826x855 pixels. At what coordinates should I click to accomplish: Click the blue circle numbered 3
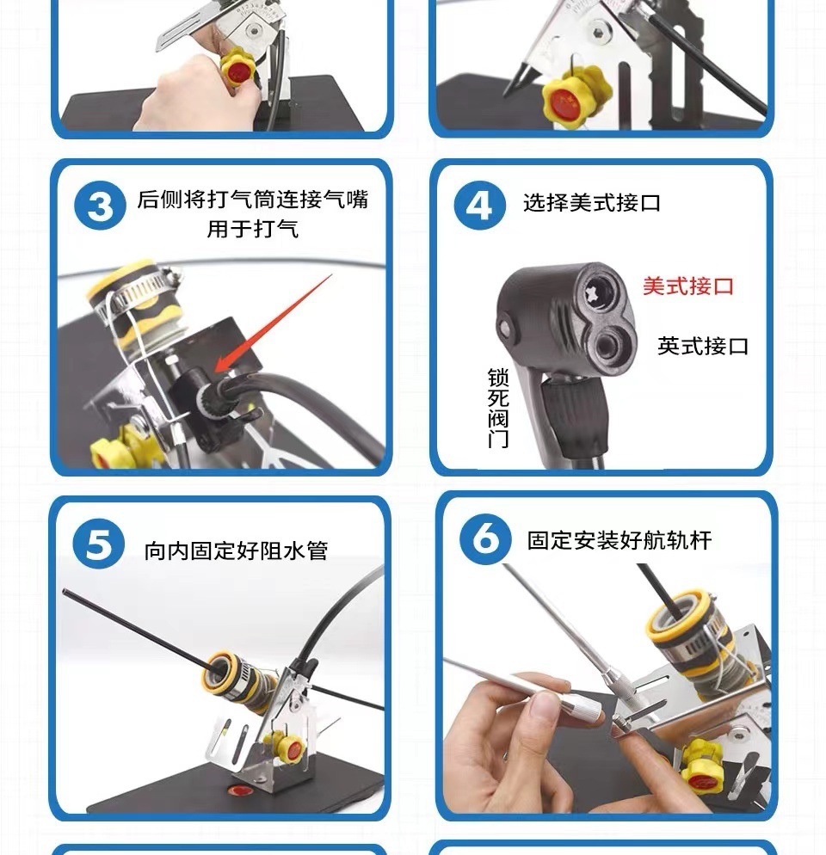100,206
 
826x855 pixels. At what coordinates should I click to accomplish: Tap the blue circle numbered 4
479,205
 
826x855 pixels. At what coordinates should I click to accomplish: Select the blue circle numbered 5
98,544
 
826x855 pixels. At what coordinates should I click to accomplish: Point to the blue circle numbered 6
485,538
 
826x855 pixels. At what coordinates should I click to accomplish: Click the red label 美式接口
688,286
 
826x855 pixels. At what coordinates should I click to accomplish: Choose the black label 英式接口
703,346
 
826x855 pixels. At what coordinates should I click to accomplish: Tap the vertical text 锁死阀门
497,408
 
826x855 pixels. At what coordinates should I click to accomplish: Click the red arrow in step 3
273,323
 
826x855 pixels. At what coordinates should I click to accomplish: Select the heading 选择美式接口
592,203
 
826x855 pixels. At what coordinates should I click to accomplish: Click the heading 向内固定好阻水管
236,551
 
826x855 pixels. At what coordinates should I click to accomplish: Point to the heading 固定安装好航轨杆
619,540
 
